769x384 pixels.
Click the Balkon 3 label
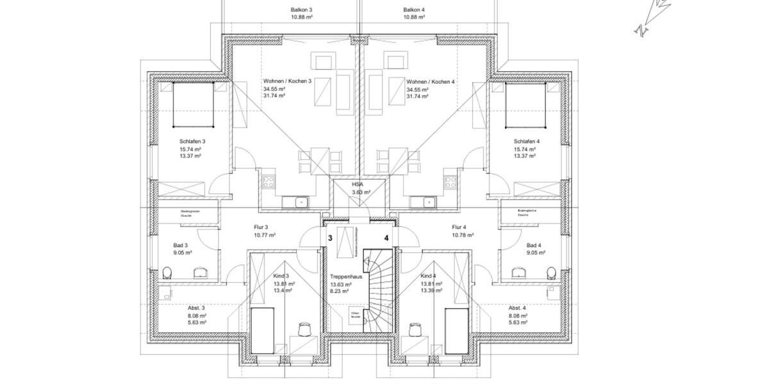click(301, 10)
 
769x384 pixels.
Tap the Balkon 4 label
click(414, 10)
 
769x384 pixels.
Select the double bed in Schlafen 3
click(193, 106)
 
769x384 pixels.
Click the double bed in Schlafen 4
click(525, 106)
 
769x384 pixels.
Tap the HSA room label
click(358, 184)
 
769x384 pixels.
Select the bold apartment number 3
click(330, 238)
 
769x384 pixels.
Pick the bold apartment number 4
click(386, 238)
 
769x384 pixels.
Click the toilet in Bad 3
click(167, 274)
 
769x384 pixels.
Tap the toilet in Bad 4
click(551, 274)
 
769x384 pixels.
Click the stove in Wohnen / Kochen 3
click(268, 180)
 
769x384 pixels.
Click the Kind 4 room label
click(428, 276)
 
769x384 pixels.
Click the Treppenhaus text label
click(346, 276)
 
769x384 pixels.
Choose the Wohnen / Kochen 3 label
click(287, 81)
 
